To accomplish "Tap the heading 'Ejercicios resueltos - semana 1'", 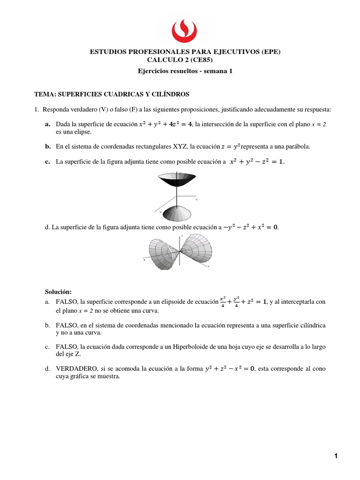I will tap(185, 71).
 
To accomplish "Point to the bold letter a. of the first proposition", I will tap(47, 124).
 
